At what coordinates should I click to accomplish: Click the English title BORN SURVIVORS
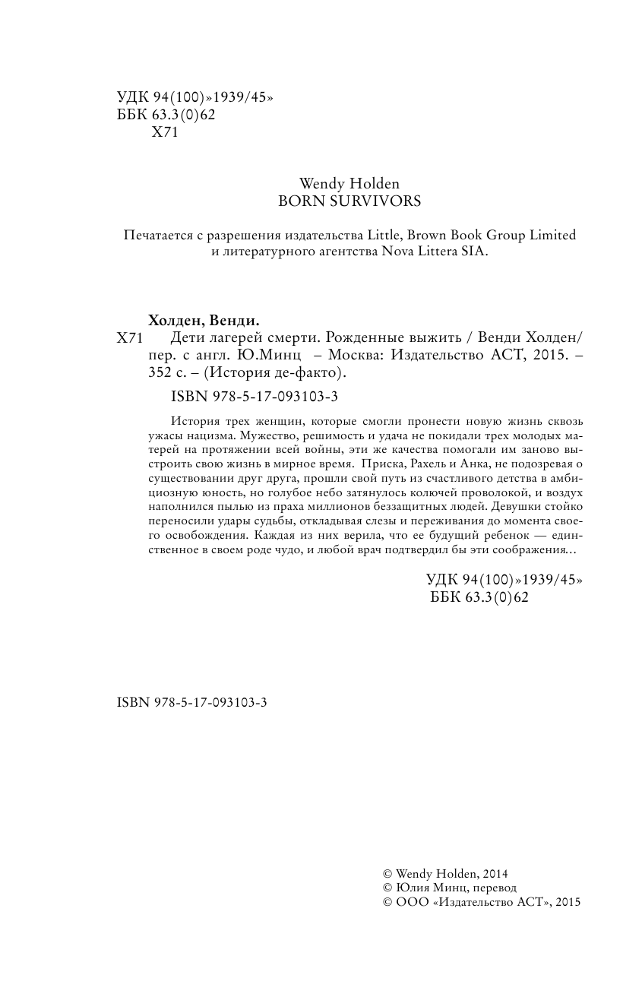pos(349,202)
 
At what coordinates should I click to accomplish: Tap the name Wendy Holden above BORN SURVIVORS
pos(349,184)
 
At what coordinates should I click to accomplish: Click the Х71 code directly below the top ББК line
pos(164,131)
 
